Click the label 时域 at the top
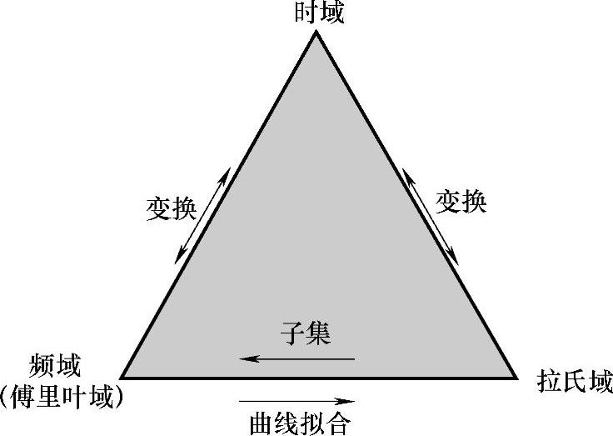point(317,13)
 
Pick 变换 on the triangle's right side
point(461,201)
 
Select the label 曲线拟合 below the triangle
point(301,423)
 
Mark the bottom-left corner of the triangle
point(122,377)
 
